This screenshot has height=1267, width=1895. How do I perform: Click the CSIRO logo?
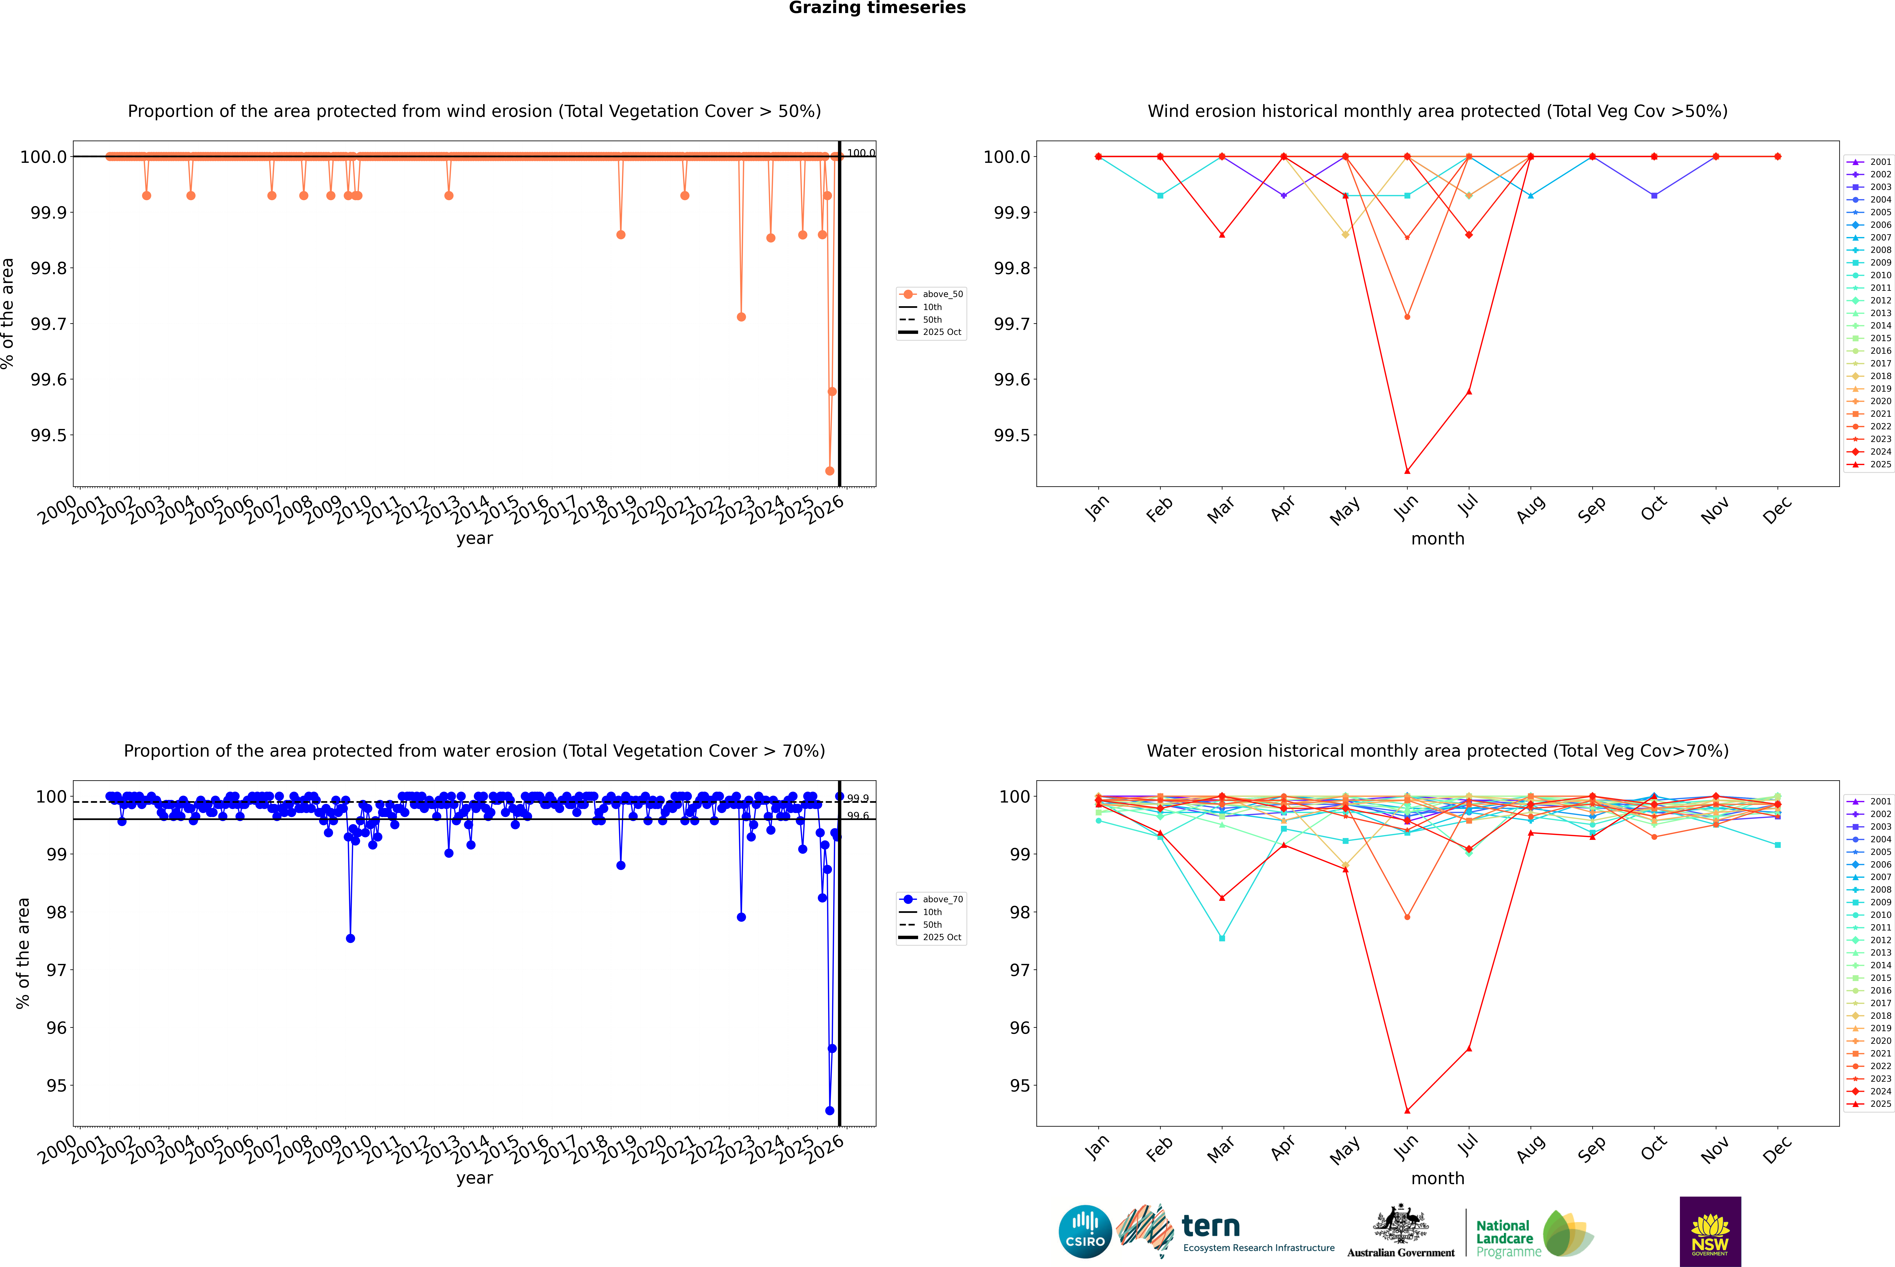click(1085, 1232)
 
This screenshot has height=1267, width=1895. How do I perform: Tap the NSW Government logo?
click(1710, 1232)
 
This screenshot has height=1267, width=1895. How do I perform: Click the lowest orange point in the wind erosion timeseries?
click(830, 471)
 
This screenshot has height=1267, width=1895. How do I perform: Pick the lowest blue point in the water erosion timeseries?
click(830, 1110)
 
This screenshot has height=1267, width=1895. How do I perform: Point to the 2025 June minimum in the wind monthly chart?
click(1407, 471)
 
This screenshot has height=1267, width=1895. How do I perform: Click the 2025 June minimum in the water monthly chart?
click(1407, 1110)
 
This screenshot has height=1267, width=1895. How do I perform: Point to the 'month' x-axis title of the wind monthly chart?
click(1437, 539)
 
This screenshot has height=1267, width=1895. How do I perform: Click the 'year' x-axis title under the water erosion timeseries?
click(474, 1178)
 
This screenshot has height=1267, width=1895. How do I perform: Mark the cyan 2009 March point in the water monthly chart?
click(1222, 938)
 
